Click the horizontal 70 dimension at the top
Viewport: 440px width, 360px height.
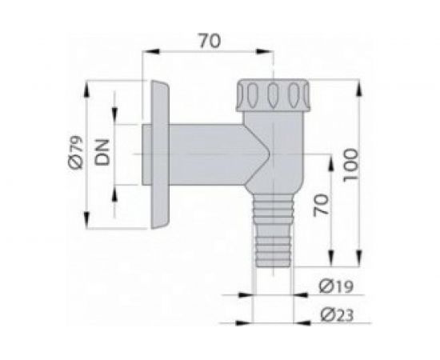[x=209, y=38]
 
